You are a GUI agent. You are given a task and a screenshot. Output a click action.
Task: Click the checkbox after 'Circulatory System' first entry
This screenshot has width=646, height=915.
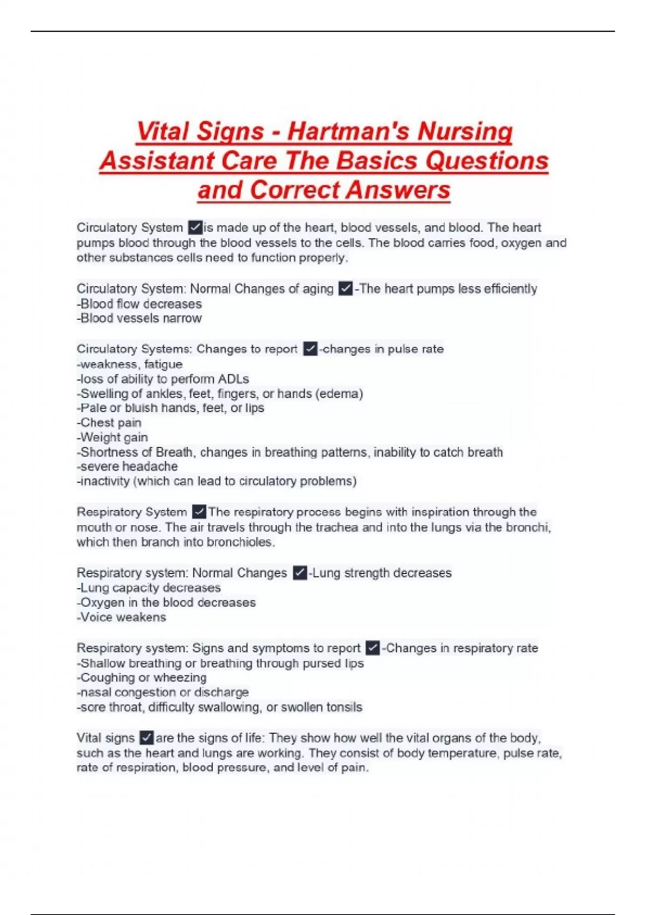coord(195,228)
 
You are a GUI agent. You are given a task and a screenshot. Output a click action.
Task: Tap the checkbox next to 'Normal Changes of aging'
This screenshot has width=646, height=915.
coord(346,289)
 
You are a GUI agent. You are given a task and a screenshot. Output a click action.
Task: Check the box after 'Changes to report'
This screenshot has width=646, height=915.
coord(310,349)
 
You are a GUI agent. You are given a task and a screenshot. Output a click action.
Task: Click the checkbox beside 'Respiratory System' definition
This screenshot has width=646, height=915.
coord(199,512)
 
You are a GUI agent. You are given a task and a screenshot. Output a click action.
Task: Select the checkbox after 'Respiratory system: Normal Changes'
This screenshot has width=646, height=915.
coord(300,573)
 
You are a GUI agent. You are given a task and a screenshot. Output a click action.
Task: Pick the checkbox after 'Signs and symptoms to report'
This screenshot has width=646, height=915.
coord(373,648)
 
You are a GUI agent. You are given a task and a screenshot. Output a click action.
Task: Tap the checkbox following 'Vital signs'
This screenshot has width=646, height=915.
coord(146,738)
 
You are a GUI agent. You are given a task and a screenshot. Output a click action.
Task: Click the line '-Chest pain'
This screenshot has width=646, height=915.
coord(109,423)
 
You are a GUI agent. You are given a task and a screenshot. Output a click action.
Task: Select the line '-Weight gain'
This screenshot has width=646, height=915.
coord(113,438)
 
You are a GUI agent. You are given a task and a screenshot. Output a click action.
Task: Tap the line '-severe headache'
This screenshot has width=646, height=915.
coord(127,467)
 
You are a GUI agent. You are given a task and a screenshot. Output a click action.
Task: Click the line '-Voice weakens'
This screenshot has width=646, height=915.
coord(122,617)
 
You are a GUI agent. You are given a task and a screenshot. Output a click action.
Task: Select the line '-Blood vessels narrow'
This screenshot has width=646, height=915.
coord(139,319)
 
